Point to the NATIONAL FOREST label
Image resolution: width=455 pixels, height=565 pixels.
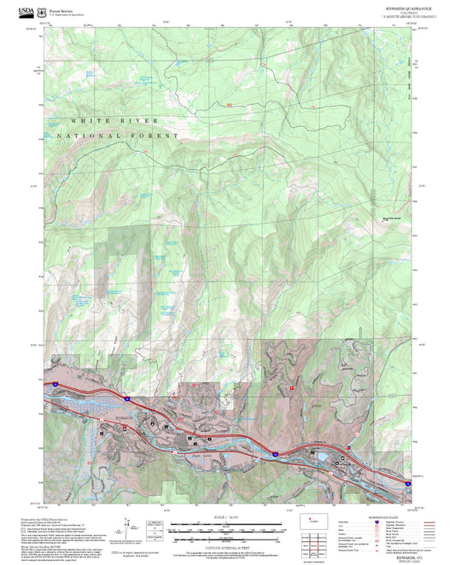click(117, 136)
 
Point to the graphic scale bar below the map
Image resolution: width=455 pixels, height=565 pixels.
click(226, 527)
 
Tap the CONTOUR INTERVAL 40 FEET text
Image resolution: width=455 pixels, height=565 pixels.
click(226, 544)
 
